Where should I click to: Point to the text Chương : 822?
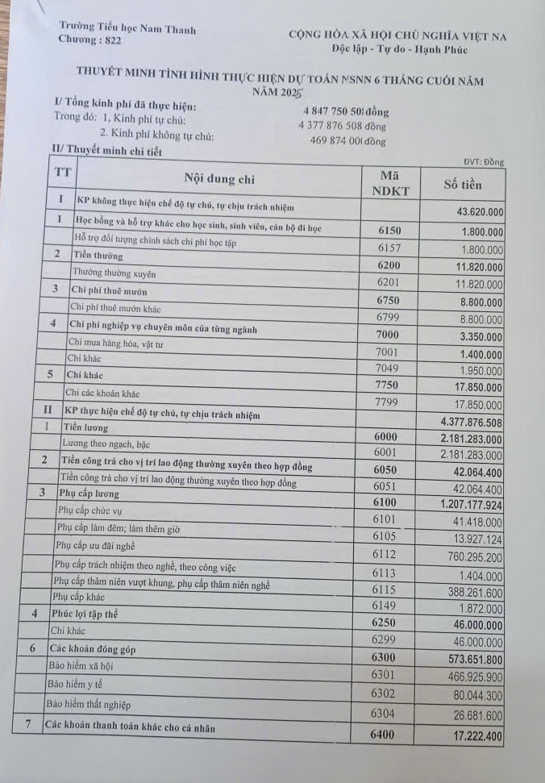click(90, 40)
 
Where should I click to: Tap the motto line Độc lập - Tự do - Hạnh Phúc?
click(399, 50)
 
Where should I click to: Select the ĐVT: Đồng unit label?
click(484, 162)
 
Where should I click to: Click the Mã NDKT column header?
click(390, 183)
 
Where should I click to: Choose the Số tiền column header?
click(463, 185)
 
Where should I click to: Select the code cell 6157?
click(389, 248)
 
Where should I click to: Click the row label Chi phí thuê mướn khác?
click(117, 306)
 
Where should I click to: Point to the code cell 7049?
click(387, 369)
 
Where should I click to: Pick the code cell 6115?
click(385, 590)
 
